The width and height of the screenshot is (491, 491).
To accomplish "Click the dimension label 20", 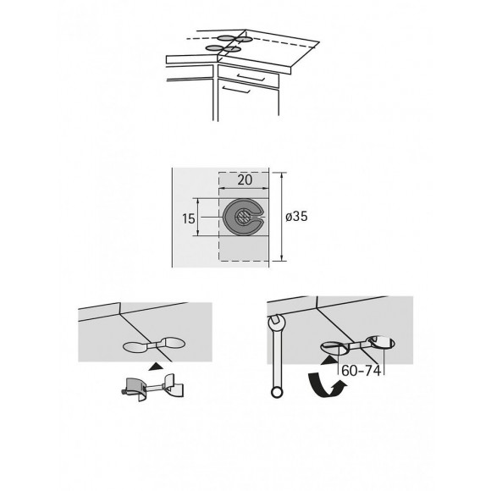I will coord(245,179).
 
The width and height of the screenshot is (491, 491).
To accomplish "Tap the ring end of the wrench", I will coord(275,390).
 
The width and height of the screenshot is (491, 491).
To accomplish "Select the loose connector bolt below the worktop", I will coord(150,386).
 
